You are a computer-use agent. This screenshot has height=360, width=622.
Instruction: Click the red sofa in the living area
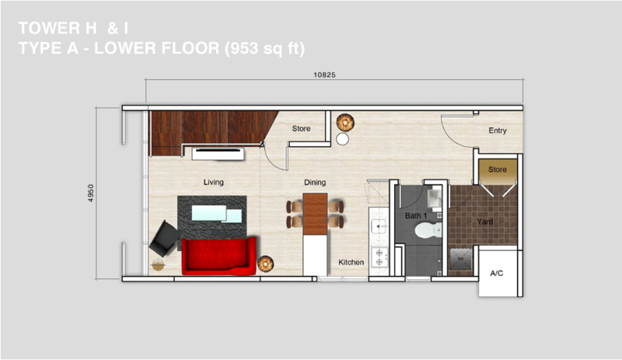(218, 256)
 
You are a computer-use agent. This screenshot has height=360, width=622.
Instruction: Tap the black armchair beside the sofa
(164, 239)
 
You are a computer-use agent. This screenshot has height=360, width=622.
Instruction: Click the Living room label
(213, 182)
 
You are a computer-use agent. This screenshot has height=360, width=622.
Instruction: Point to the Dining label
(315, 182)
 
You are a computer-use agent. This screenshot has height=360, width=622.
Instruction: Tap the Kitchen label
(351, 262)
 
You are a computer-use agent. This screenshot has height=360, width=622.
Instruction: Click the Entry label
(498, 131)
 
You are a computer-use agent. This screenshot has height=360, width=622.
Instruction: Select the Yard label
(484, 222)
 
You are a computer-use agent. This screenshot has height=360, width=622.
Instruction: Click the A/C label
(497, 273)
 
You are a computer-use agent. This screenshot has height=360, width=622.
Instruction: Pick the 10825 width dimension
(324, 75)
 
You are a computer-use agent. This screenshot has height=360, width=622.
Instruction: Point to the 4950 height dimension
(91, 194)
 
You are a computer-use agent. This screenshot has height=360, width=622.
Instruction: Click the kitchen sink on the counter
(379, 226)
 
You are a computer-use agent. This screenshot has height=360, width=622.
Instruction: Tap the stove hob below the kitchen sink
(379, 257)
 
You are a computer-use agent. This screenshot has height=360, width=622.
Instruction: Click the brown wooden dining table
(315, 214)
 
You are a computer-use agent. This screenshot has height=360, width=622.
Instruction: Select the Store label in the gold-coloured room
(498, 170)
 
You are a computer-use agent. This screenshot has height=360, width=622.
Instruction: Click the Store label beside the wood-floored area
(301, 128)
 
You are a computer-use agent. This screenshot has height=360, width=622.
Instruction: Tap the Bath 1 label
(416, 216)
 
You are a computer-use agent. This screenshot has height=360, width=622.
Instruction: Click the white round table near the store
(342, 139)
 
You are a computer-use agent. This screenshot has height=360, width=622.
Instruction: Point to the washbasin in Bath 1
(434, 197)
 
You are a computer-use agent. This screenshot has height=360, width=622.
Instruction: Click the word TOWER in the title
(49, 28)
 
